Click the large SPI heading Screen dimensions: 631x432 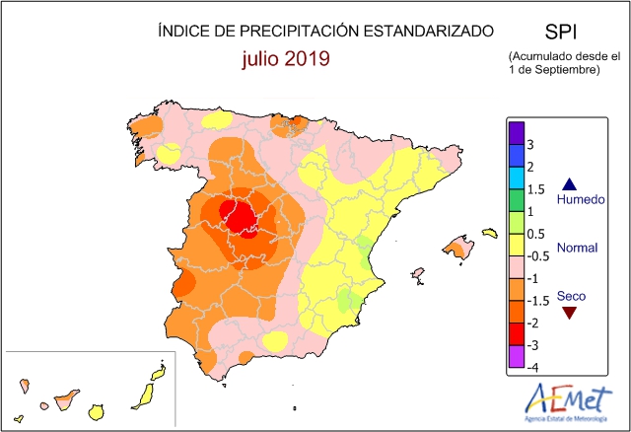(561, 32)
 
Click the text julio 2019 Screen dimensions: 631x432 (286, 59)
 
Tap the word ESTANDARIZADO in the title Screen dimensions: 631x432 (428, 31)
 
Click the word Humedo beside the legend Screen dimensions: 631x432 (581, 199)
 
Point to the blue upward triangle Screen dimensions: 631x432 (570, 184)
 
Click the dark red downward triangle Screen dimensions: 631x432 (570, 313)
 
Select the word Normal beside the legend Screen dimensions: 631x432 (577, 248)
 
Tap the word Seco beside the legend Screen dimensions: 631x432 (571, 296)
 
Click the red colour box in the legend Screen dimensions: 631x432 (517, 334)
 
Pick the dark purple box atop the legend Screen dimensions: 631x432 (517, 133)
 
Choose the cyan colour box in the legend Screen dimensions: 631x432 (517, 178)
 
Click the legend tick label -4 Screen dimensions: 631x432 (532, 368)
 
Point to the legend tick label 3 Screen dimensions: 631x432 (530, 145)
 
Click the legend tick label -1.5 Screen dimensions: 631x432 (538, 301)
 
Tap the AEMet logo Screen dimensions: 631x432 (568, 402)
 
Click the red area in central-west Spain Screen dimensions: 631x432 (239, 218)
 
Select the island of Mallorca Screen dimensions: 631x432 (458, 247)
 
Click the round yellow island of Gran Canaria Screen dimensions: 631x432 (97, 412)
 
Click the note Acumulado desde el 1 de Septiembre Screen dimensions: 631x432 (564, 63)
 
